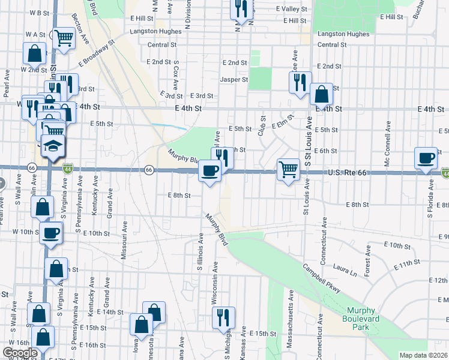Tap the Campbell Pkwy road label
tap(321, 279)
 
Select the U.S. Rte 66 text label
tap(348, 173)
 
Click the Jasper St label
tap(234, 79)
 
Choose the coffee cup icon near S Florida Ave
tap(426, 159)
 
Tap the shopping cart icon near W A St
tap(63, 38)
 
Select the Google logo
tap(20, 352)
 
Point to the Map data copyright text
tap(423, 355)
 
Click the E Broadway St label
tap(95, 54)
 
